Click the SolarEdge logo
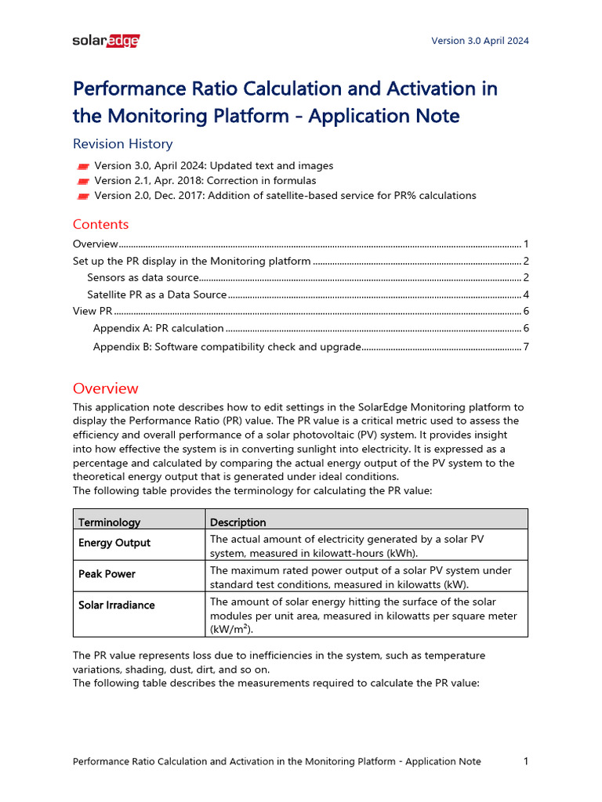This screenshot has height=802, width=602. click(x=106, y=41)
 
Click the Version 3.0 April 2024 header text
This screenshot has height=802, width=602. click(x=480, y=41)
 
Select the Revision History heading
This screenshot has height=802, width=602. click(x=122, y=143)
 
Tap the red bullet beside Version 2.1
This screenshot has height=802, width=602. click(x=83, y=181)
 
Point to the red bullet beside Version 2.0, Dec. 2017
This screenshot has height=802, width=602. click(x=83, y=196)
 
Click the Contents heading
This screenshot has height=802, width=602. click(x=100, y=224)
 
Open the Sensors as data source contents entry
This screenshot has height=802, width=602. click(x=143, y=277)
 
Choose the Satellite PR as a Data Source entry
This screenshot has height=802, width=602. click(x=157, y=294)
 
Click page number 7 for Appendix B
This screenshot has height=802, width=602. click(x=526, y=346)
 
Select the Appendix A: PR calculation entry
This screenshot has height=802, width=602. click(x=158, y=328)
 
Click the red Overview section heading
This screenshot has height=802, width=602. click(x=105, y=388)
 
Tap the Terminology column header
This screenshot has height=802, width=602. click(x=109, y=522)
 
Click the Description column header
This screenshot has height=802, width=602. click(x=238, y=522)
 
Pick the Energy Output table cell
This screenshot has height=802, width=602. click(x=114, y=543)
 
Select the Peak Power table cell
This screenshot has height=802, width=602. click(x=107, y=574)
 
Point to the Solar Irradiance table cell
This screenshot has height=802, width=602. click(x=117, y=605)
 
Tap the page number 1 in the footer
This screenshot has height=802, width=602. click(x=525, y=761)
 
